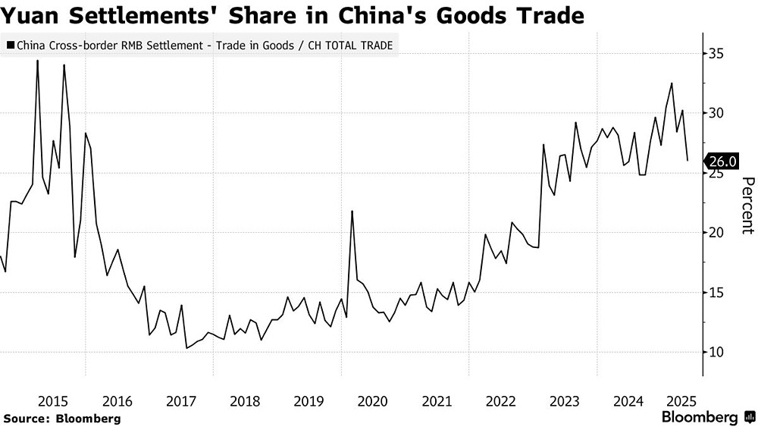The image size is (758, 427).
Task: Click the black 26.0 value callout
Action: (x=720, y=162)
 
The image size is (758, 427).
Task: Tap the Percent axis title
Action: (x=747, y=205)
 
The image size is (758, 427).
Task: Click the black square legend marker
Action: (x=9, y=46)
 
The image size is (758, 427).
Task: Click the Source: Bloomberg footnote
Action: (x=62, y=418)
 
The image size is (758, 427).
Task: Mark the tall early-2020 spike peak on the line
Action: (x=352, y=211)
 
